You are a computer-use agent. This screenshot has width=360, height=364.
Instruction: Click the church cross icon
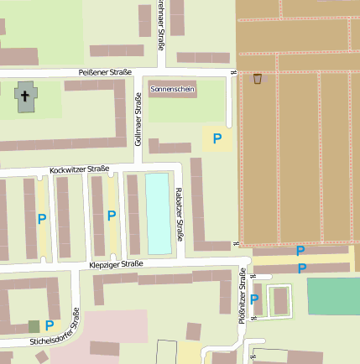(25, 96)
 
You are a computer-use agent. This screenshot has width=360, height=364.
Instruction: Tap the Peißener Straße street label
(105, 73)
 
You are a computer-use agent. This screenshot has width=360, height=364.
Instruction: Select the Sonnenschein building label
(171, 88)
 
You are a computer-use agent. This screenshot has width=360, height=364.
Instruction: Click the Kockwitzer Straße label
(80, 170)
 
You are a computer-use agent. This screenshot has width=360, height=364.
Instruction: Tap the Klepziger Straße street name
(116, 264)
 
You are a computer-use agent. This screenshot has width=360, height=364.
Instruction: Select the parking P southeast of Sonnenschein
(217, 138)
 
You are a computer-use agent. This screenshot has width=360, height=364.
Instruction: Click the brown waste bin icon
(258, 79)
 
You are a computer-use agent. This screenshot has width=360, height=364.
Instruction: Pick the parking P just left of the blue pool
(112, 216)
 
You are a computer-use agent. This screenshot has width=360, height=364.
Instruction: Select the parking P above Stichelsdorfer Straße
(50, 325)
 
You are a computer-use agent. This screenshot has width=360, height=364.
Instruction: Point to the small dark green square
(34, 325)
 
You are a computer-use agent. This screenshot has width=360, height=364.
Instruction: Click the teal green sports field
(333, 295)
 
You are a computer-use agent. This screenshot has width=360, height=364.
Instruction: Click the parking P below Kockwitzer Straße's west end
(41, 219)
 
